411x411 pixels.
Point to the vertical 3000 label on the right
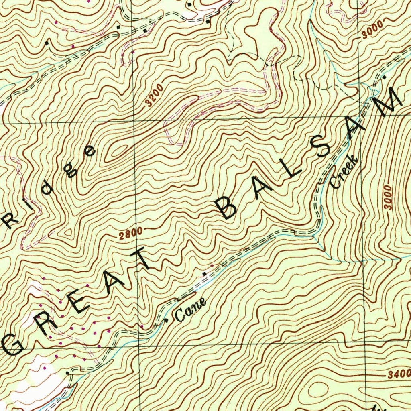(x=387, y=196)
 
